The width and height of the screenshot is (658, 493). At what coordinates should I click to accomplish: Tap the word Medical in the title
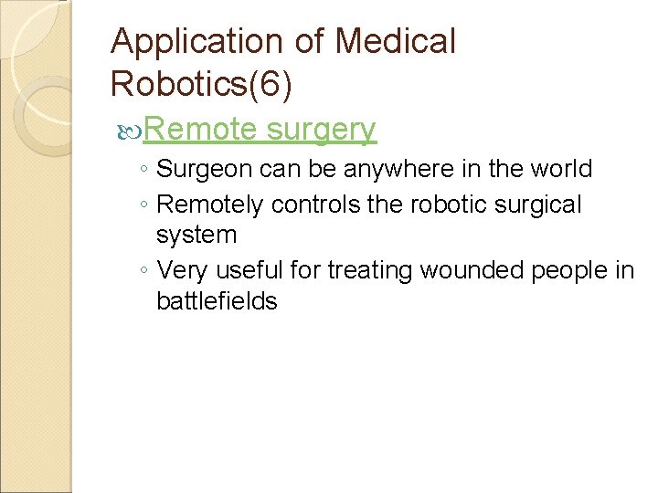pos(395,41)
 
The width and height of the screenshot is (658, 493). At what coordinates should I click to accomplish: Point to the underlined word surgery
pos(322,131)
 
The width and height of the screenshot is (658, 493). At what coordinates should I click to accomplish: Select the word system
pos(196,236)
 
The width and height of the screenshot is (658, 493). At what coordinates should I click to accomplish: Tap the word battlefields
pos(217,301)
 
